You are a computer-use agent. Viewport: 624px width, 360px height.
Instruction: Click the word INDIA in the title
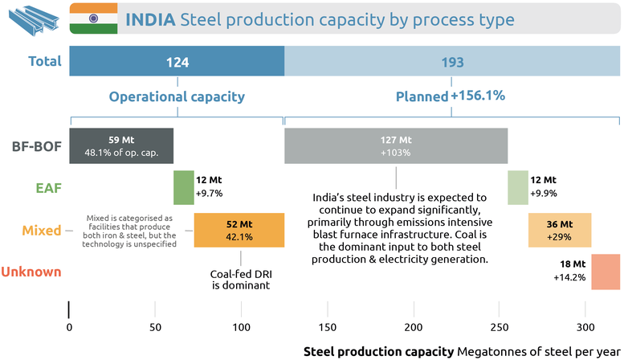pos(149,18)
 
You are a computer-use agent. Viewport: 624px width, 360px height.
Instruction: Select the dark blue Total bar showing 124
pos(177,62)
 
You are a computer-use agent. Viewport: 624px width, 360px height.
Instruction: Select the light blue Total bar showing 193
pos(452,62)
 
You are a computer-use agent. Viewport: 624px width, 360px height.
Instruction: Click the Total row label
pos(45,61)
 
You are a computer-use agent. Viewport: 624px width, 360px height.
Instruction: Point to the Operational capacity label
pos(177,96)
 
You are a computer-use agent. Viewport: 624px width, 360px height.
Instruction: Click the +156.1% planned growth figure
pos(478,96)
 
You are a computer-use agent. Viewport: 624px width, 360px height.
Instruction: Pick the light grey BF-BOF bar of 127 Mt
pos(396,145)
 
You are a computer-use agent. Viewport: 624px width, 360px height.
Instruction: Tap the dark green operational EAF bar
pos(184,187)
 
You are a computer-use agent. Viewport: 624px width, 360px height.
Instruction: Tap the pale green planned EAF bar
pos(517,187)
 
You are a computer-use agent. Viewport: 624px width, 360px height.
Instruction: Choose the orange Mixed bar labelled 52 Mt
pos(239,230)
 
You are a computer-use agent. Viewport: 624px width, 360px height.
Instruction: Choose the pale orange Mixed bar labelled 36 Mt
pos(560,230)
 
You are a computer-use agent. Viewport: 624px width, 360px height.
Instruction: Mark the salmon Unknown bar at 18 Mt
pos(603,272)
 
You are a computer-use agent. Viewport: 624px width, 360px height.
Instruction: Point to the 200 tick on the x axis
pos(413,327)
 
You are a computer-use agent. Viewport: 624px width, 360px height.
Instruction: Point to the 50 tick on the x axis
pos(155,327)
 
